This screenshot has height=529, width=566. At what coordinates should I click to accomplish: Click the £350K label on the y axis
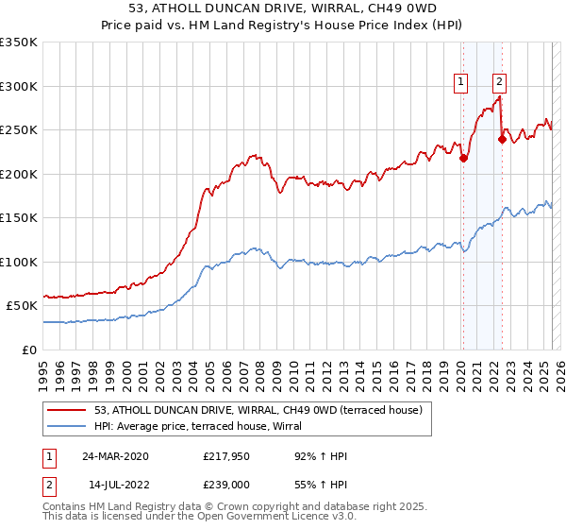pos(19,43)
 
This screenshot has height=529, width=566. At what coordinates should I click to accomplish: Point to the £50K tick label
pos(22,306)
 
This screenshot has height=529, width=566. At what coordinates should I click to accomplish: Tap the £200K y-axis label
pos(19,174)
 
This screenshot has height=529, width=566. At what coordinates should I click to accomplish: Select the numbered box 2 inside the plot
pos(498,82)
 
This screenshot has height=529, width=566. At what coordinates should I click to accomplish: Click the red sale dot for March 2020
pos(463,159)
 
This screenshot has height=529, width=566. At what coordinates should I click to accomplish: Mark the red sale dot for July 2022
pos(502,140)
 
